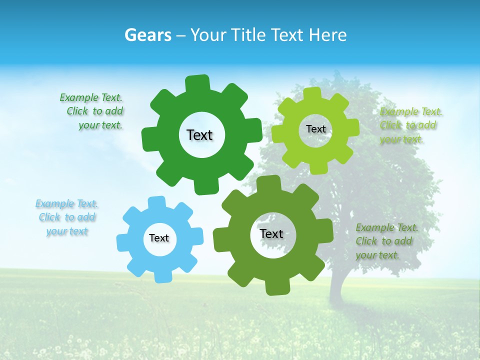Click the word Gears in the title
tap(147, 35)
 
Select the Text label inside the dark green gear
tap(199, 135)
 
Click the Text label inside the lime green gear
tap(315, 129)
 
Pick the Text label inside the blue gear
tap(159, 238)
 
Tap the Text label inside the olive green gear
tap(271, 233)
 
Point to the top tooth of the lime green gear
tap(312, 94)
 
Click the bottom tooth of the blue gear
tap(162, 276)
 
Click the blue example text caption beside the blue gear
tap(67, 217)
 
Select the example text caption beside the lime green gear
tap(411, 125)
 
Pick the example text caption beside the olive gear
tap(386, 241)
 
